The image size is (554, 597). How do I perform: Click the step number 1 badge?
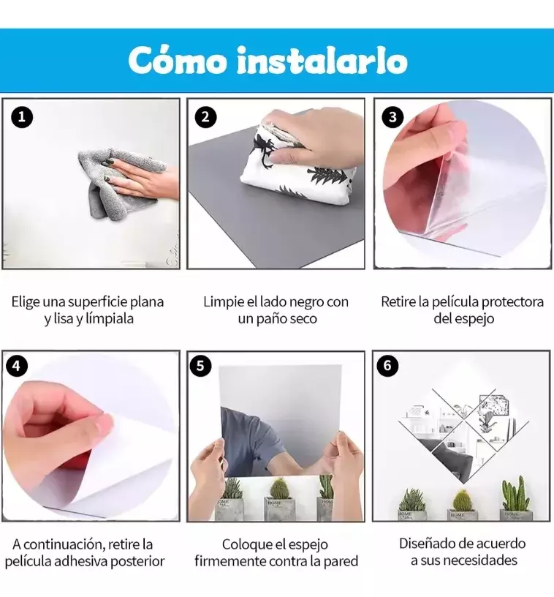[x=22, y=117]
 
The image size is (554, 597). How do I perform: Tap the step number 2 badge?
[x=205, y=117]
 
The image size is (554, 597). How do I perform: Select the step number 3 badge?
[x=392, y=117]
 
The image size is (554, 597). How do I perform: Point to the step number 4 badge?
[x=16, y=366]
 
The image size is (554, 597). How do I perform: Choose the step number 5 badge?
[x=200, y=366]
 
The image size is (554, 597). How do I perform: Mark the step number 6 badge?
[x=387, y=366]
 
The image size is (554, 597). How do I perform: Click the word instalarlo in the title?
[x=322, y=61]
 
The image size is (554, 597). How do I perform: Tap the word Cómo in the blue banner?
[x=177, y=60]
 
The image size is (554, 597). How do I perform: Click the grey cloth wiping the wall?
[x=114, y=183]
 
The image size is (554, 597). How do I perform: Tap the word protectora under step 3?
[x=512, y=302]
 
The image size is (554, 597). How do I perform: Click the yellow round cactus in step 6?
[x=462, y=500]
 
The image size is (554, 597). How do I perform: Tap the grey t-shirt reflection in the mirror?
[x=251, y=438]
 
